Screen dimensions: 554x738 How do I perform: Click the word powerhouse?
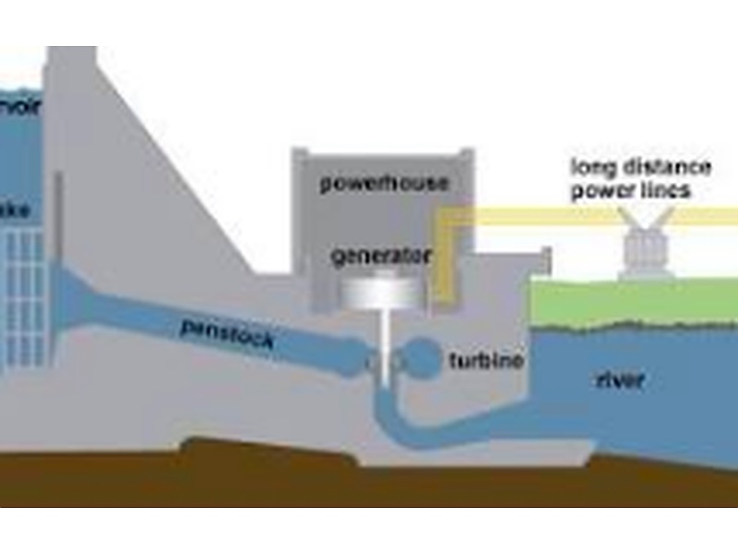[384, 183]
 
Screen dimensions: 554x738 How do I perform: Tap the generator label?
[381, 255]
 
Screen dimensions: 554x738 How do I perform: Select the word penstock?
[227, 333]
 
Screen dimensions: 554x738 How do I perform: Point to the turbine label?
[486, 361]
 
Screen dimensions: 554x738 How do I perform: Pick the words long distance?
[641, 167]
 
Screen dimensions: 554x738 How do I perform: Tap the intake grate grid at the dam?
[22, 295]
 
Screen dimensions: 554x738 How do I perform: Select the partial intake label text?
[16, 211]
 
